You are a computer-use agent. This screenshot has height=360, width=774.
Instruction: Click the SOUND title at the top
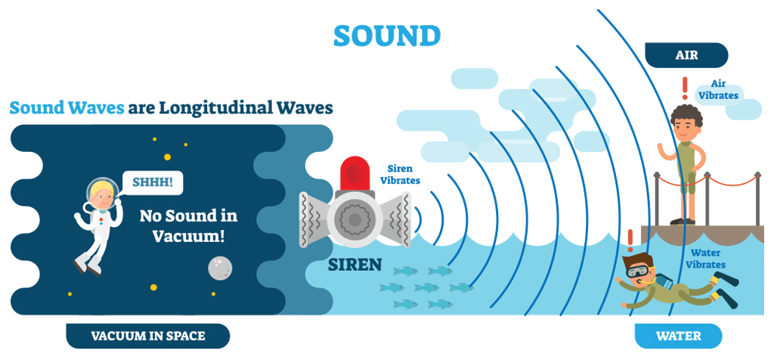click(x=386, y=35)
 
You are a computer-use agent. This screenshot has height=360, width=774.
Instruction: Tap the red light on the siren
click(x=354, y=172)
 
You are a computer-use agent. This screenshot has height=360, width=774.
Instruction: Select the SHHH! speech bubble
click(x=153, y=182)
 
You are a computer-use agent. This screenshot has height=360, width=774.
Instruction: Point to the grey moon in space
click(x=219, y=265)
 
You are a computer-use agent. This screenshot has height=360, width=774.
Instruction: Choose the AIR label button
click(x=686, y=55)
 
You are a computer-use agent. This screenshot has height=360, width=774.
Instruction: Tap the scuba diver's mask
click(x=637, y=268)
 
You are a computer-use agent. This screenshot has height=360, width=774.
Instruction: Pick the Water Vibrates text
click(x=707, y=259)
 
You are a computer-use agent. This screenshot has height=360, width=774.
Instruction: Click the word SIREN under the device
click(x=354, y=265)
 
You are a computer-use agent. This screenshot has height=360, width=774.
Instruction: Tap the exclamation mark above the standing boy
click(x=685, y=87)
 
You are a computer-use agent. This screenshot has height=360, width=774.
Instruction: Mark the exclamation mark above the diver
click(x=630, y=239)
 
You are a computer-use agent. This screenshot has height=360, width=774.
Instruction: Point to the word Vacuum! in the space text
click(x=188, y=235)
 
